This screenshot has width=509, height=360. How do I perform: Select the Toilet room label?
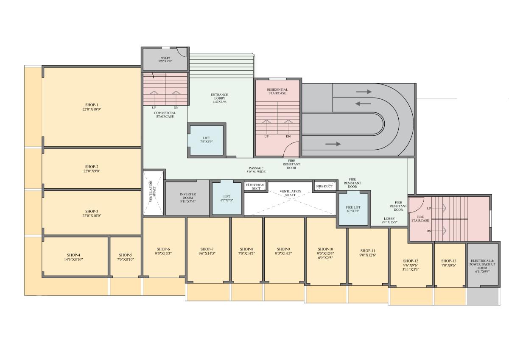coord(165,59)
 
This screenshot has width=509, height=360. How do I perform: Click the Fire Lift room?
coord(353,209)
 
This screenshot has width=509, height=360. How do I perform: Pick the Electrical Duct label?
coord(255,187)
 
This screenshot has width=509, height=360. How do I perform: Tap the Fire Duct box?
coord(325,187)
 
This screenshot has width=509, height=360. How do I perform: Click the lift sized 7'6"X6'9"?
coord(206,140)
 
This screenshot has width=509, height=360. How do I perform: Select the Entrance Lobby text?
coord(219,98)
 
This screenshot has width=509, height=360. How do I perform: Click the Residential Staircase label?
coord(277,91)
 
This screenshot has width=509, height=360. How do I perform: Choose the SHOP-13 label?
coord(448,261)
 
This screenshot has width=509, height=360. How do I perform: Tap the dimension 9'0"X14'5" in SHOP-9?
coord(283,254)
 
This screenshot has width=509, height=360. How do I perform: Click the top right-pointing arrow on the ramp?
coord(364,92)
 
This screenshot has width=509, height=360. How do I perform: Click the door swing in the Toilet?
coord(182,51)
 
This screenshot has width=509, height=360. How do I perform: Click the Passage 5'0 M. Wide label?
coord(257,170)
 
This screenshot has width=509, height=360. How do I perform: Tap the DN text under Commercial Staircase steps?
coord(176,108)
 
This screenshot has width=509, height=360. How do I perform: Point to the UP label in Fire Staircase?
coord(429,208)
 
